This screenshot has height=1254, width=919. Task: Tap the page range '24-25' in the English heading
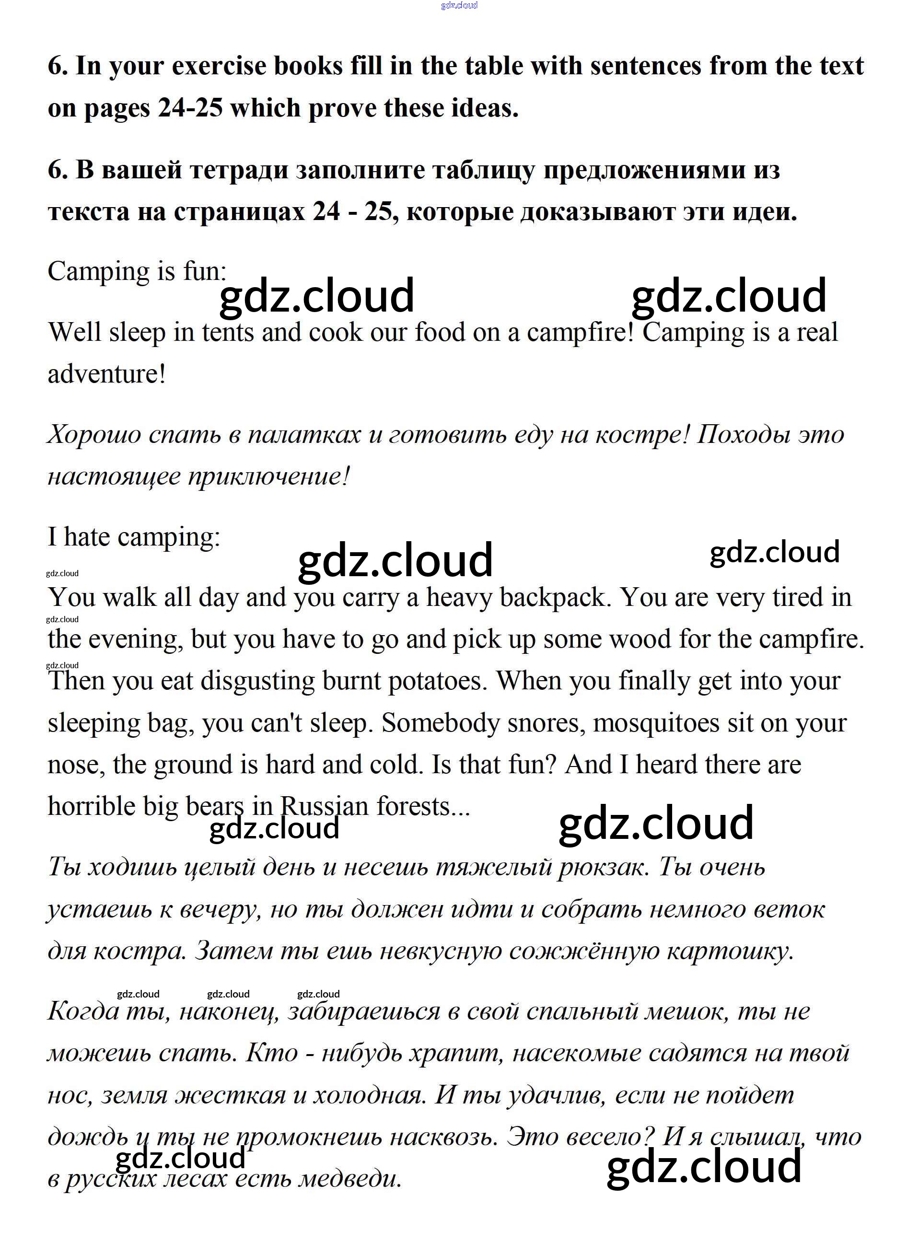coord(190,108)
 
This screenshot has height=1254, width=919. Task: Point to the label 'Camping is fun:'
coord(137,272)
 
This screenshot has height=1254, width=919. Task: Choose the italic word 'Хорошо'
coord(94,434)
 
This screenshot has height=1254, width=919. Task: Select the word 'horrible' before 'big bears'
coord(91,806)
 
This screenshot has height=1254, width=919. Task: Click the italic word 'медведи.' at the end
coord(350,1178)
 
